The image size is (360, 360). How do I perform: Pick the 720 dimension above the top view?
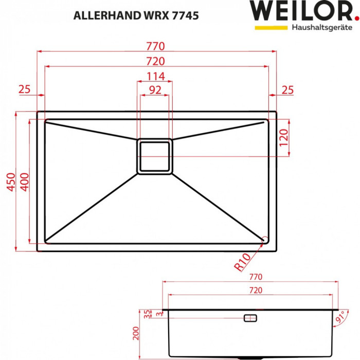point(158,61)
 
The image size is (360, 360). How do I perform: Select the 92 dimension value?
point(155,89)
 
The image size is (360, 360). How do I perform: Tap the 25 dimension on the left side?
point(25,89)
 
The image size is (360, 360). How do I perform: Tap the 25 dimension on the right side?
point(287,89)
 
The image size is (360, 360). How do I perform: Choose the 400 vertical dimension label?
point(23,182)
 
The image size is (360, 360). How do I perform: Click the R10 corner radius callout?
point(242,263)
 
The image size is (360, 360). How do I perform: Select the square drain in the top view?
point(155,156)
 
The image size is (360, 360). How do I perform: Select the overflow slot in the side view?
point(250,318)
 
